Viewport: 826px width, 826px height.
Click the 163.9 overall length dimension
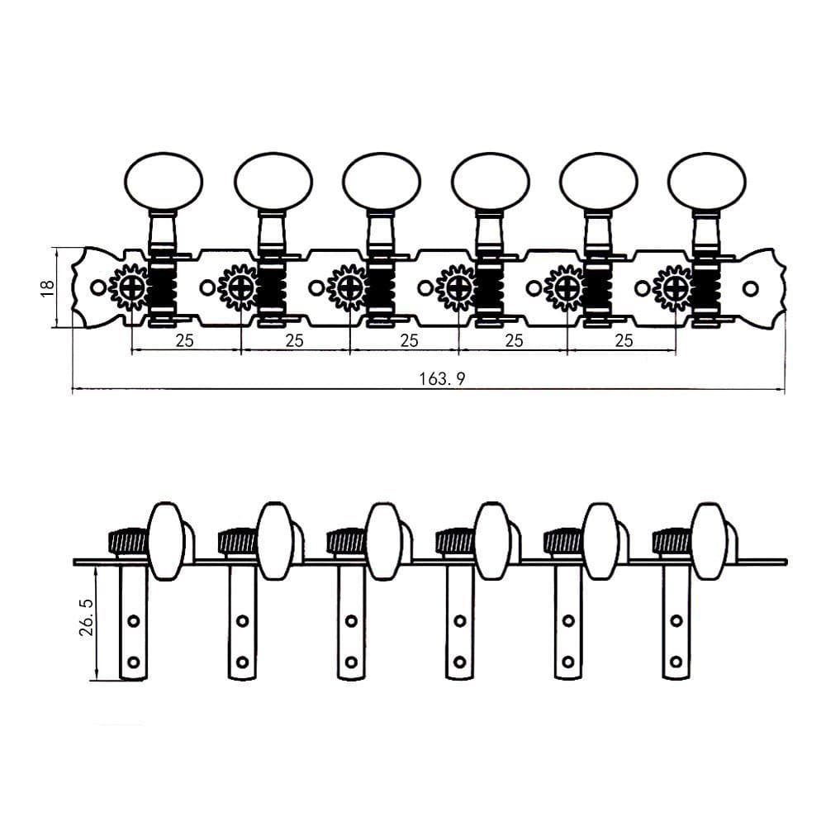point(443,378)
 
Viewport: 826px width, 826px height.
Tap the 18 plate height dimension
point(48,287)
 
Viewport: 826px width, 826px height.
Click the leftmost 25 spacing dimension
point(184,340)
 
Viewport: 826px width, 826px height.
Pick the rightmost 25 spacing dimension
point(623,340)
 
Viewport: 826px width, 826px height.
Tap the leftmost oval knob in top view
point(164,180)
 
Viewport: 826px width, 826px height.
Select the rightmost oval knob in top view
point(707,180)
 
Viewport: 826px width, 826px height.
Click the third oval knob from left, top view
point(382,180)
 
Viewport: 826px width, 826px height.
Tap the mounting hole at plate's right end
point(750,288)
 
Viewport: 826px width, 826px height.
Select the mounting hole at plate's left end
point(98,287)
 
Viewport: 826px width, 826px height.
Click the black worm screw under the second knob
point(270,287)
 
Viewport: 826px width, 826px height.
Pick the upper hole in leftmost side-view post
point(133,620)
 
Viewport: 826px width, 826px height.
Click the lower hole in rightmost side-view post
point(676,661)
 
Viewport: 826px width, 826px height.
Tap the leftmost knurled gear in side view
point(126,542)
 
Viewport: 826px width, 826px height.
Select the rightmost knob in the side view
point(708,540)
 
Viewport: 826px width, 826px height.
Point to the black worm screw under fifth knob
point(596,287)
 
